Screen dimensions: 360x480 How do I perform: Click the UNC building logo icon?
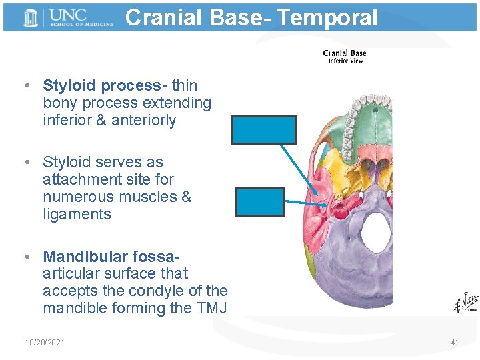31,18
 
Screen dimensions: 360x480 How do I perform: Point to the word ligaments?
77,214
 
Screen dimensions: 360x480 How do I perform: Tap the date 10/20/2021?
45,343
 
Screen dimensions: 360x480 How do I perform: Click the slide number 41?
455,343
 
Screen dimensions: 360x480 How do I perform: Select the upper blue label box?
264,130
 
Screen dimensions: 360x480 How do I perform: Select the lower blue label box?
260,201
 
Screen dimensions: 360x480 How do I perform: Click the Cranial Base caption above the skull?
344,53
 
